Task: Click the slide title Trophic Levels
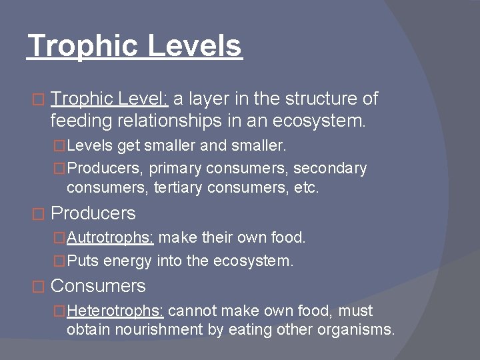tap(135, 47)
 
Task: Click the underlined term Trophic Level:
tap(111, 99)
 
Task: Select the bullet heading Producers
tap(93, 213)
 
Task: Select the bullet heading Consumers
tap(98, 286)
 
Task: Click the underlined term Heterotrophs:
tap(118, 311)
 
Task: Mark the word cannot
tap(195, 311)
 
